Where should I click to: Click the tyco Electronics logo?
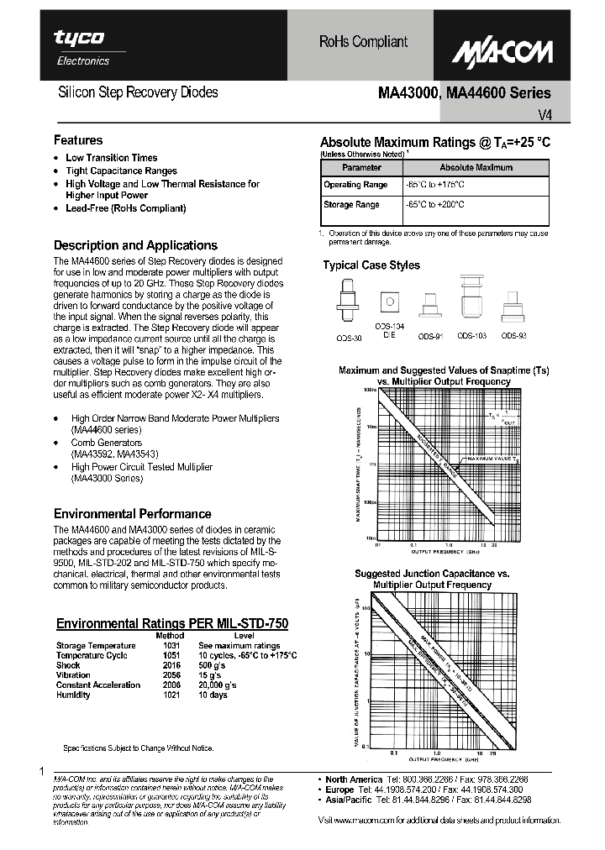[82, 46]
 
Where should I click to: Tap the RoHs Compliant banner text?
[363, 41]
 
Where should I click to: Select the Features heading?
[78, 140]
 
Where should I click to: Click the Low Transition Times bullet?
[111, 158]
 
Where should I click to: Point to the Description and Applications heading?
[135, 245]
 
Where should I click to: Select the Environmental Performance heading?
[132, 513]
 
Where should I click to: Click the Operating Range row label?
[355, 185]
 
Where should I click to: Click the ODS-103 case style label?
[471, 336]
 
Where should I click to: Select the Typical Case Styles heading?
[371, 265]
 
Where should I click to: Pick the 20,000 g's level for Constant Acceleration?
[218, 685]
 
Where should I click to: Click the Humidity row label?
[73, 695]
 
